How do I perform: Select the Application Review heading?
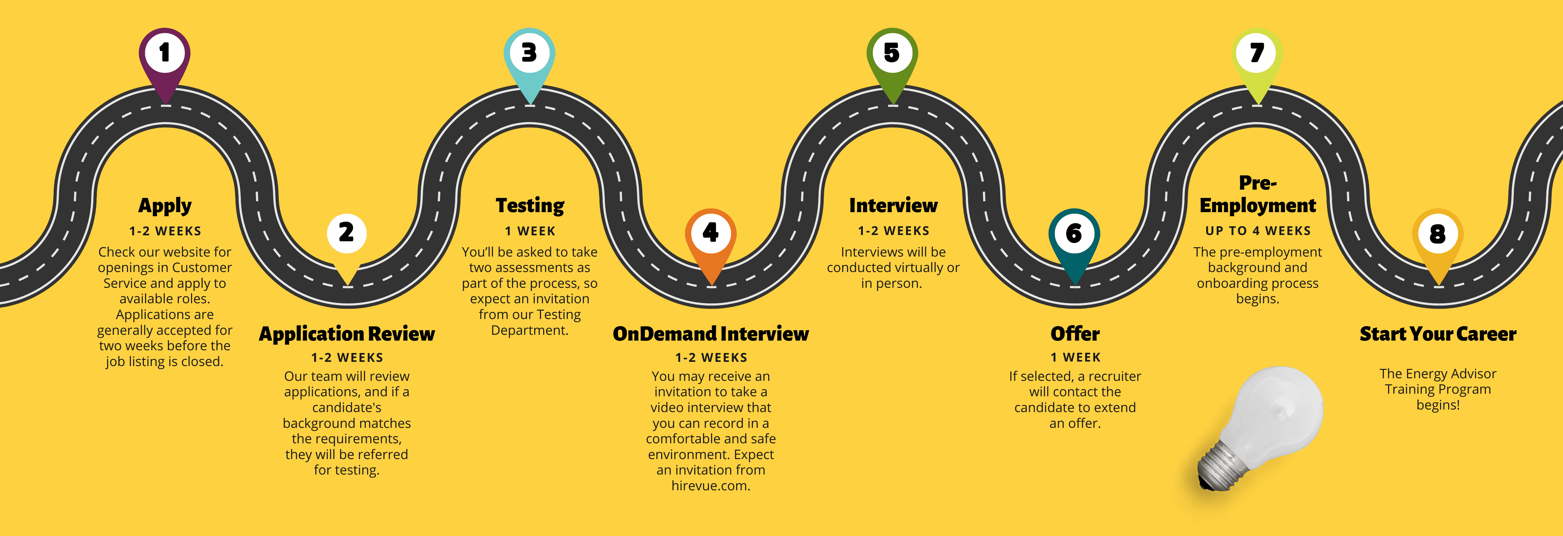[x=346, y=334]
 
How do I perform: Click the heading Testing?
[x=530, y=206]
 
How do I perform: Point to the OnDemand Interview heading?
[x=710, y=334]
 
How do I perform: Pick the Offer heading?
[x=1074, y=334]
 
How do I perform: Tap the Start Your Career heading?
[x=1437, y=334]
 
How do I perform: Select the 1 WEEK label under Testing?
[x=530, y=231]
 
